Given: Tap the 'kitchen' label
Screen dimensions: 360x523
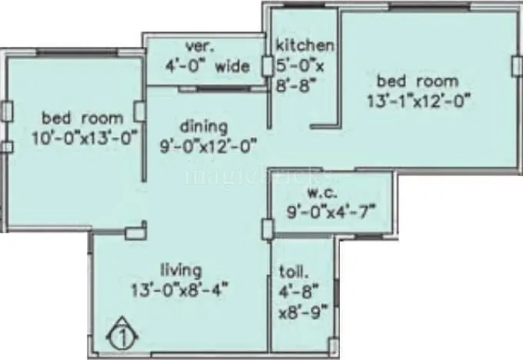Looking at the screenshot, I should pyautogui.click(x=305, y=45).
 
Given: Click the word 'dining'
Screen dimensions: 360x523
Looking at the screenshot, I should pyautogui.click(x=204, y=125).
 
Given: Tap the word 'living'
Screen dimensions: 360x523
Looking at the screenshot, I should pyautogui.click(x=181, y=270).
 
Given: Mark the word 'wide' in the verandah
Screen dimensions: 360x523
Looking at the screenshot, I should pyautogui.click(x=232, y=66).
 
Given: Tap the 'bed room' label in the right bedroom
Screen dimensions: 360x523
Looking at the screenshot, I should pyautogui.click(x=417, y=80).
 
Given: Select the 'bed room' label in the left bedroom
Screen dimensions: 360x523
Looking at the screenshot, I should pyautogui.click(x=82, y=118).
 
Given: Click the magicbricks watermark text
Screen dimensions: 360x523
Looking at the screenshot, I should pyautogui.click(x=231, y=175).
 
